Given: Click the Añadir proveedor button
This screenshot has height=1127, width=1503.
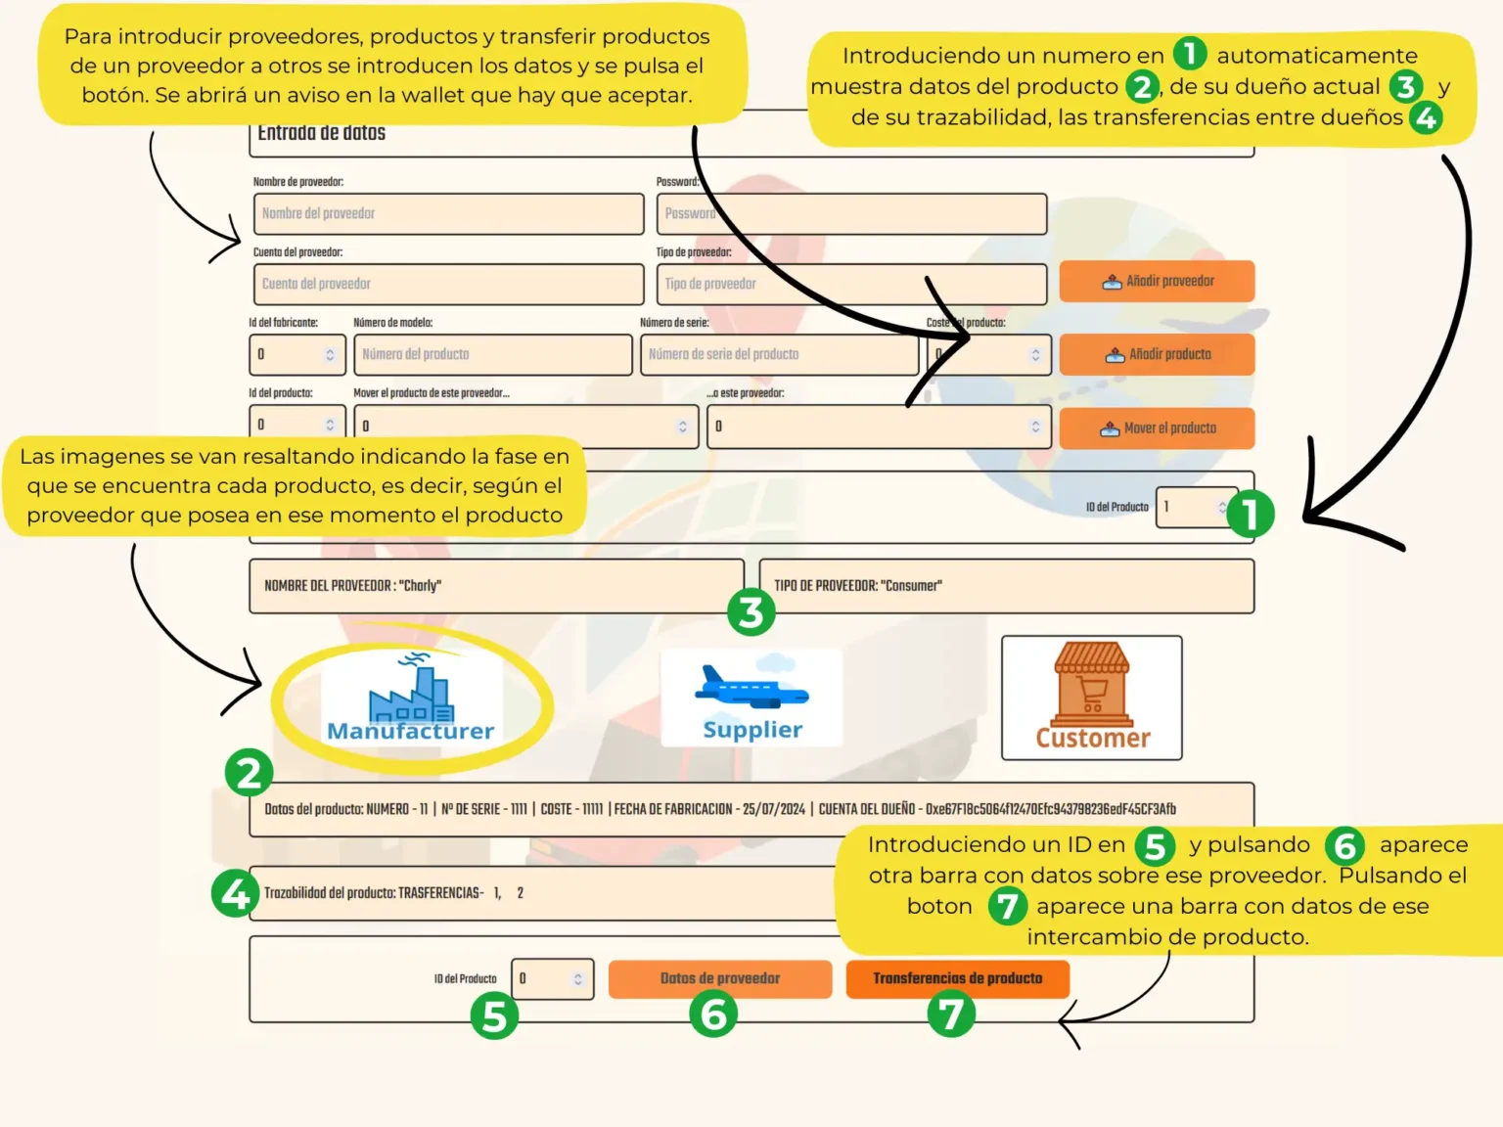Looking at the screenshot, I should (x=1157, y=282).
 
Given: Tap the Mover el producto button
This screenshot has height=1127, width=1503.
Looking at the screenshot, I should (x=1157, y=428).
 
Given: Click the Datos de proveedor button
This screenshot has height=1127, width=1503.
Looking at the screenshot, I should (x=720, y=978).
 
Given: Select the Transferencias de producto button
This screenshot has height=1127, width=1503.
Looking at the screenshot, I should (x=957, y=978).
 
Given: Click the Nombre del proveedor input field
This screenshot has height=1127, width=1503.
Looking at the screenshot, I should (x=448, y=213).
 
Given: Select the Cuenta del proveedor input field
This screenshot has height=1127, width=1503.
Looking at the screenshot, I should (x=448, y=284).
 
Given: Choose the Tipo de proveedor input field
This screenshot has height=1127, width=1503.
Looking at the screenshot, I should (x=851, y=284).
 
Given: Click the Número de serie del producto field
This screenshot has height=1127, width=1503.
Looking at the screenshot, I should (x=779, y=354).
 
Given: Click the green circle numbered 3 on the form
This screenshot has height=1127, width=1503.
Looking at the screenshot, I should (x=751, y=612).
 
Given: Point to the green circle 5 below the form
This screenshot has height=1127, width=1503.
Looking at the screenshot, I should (x=494, y=1015).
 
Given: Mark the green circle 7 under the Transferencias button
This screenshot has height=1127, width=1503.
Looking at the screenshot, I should (x=951, y=1014).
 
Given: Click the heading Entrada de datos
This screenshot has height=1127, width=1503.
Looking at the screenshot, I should (x=321, y=133).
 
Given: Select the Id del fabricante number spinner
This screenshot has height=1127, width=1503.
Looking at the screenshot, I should (x=297, y=354).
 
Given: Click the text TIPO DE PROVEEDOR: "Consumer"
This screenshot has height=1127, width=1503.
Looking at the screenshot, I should (x=857, y=586).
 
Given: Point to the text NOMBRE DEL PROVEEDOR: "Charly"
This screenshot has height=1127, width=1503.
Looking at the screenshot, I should (x=352, y=586).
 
